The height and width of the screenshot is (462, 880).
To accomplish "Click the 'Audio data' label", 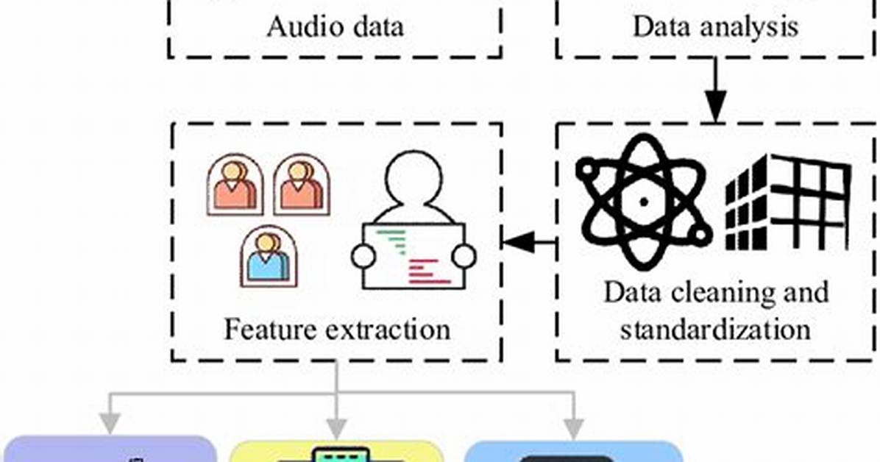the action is point(335,26).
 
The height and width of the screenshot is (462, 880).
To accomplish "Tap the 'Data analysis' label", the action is point(716,26).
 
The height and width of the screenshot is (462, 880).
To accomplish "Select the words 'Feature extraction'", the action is point(337,329).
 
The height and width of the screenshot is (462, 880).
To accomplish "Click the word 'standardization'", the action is point(716,329).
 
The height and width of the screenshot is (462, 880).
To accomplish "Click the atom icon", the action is point(644,202).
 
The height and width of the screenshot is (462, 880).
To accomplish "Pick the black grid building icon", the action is point(787,202).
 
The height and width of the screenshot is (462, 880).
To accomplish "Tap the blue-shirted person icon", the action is point(269,257).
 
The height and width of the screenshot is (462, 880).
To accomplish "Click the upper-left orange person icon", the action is point(235,185).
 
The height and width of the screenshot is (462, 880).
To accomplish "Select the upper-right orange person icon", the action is point(302,185).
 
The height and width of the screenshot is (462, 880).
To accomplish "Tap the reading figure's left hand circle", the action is point(363,257).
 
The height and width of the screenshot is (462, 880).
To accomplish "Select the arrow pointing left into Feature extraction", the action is point(530,243).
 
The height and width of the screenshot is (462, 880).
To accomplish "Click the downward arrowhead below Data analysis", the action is point(716,109).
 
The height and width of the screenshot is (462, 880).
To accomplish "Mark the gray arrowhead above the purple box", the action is point(110,423).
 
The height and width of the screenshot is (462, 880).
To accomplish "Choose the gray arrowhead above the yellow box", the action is point(336,428).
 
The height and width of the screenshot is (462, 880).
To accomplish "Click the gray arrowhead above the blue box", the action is point(573,428).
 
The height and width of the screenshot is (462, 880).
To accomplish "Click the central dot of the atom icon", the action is point(644,202).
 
